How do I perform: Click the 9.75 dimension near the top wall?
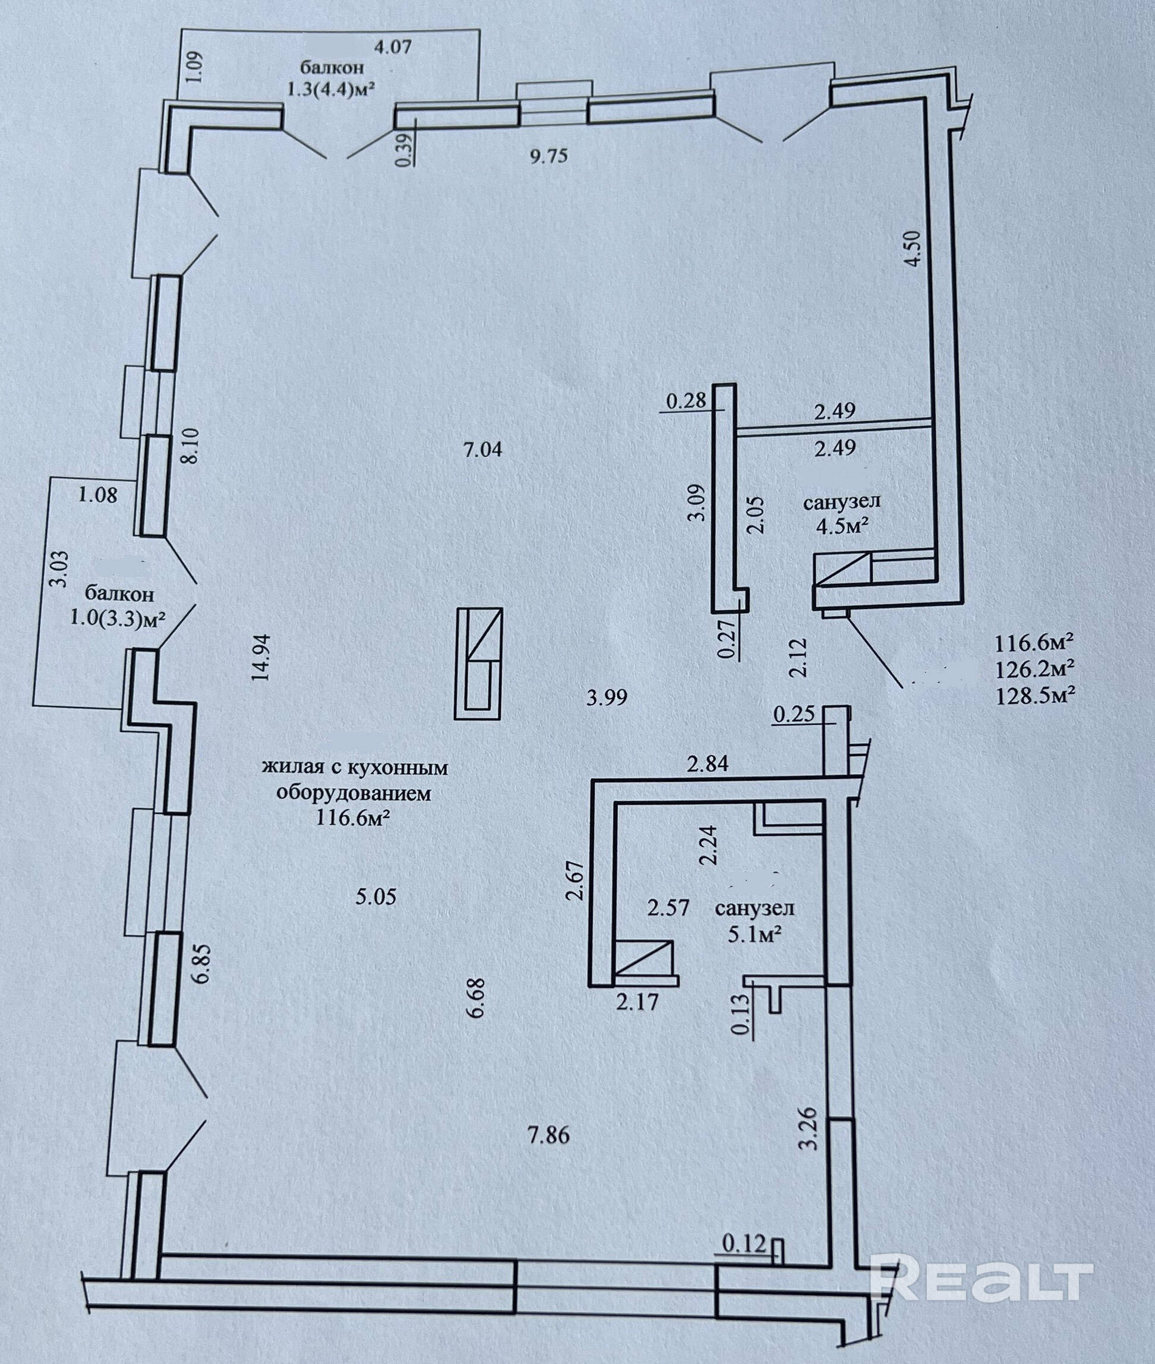tap(549, 156)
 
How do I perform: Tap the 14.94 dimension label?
tap(263, 658)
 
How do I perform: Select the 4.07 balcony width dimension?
tap(393, 47)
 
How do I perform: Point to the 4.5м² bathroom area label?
tap(841, 526)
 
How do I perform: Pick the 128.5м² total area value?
tap(1035, 694)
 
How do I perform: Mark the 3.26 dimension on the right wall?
tap(810, 1128)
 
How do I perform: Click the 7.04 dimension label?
tap(482, 450)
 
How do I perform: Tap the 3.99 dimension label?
tap(607, 698)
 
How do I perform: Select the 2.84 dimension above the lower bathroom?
tap(707, 763)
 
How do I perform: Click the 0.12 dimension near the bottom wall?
tap(744, 1243)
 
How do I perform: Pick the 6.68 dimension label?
tap(476, 997)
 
